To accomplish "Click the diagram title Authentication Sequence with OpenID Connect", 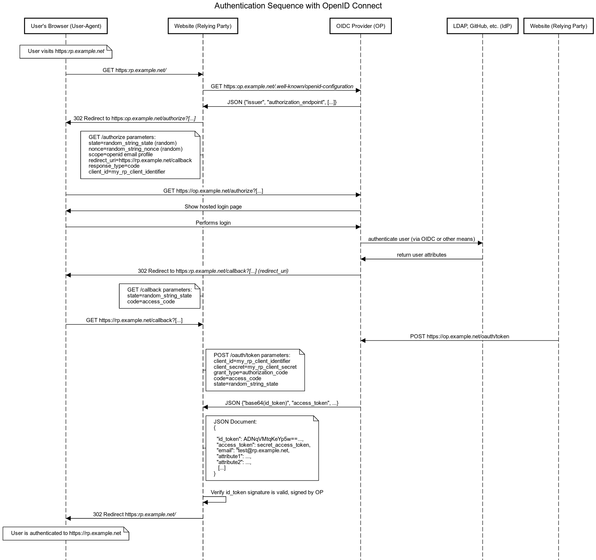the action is [x=298, y=6].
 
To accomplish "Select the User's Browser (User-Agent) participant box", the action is [x=66, y=26].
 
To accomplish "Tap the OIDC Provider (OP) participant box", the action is [x=361, y=26].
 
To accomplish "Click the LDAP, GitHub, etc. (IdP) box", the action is [x=482, y=26].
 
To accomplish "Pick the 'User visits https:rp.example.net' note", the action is [x=66, y=51].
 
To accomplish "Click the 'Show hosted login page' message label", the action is [x=213, y=207].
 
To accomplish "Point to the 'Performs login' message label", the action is [x=213, y=223].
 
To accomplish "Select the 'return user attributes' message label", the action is [x=422, y=255].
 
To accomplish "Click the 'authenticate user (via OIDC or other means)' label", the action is [x=422, y=239].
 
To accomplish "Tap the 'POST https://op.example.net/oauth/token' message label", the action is [x=460, y=336].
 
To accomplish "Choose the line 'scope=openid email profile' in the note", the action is [x=121, y=154].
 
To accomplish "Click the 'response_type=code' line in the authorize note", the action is [x=114, y=166].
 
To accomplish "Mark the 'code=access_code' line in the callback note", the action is [x=151, y=302].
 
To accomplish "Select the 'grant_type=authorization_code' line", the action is [x=251, y=372].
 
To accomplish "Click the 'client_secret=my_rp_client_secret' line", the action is [x=255, y=367].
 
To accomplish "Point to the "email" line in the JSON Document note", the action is [x=253, y=450].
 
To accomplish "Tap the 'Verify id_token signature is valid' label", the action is [x=267, y=492].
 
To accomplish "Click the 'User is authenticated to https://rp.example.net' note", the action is [x=66, y=534].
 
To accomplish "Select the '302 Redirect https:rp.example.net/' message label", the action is [x=134, y=514].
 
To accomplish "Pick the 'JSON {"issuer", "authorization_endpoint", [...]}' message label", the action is [x=282, y=102].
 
